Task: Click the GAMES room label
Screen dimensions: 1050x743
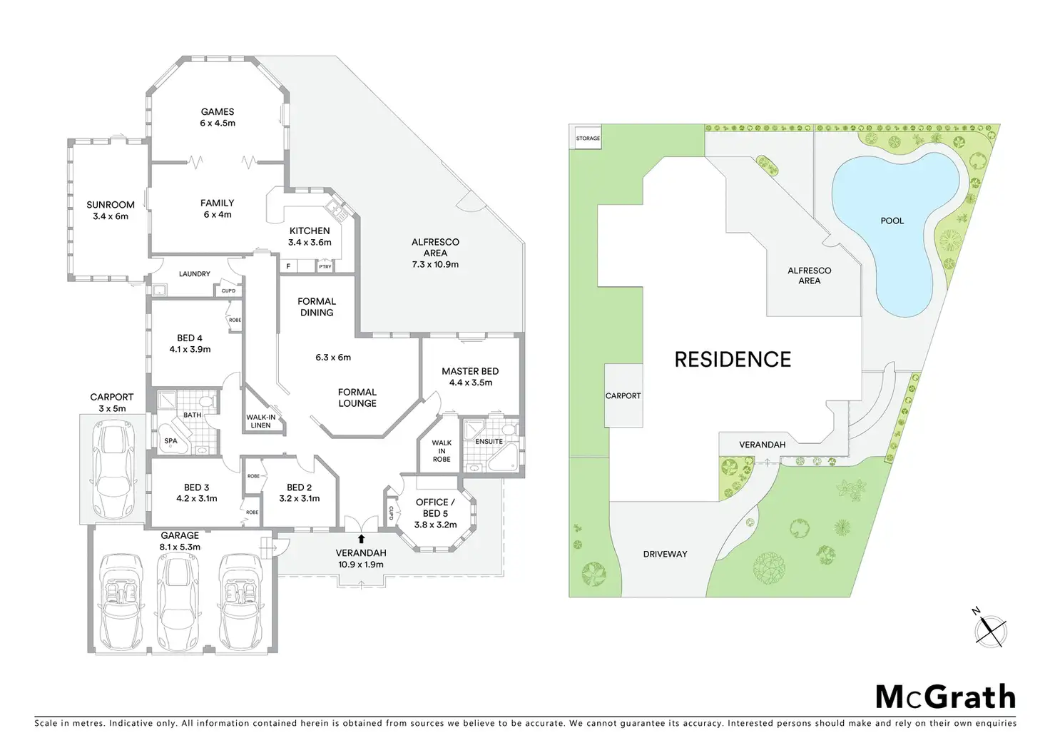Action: pos(218,112)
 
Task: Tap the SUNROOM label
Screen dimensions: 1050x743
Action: pos(111,205)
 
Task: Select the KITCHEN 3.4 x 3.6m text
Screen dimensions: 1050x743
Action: pos(310,236)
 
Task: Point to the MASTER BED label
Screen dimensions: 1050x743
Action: pos(470,371)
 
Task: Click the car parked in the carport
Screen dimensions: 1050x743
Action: pos(114,471)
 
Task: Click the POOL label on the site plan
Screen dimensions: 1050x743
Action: pos(892,221)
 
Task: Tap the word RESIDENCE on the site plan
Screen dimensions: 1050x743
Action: pos(733,360)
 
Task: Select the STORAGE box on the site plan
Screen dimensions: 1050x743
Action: pos(588,138)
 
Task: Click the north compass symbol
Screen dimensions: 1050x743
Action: pos(990,629)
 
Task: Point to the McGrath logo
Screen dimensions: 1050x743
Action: pos(945,697)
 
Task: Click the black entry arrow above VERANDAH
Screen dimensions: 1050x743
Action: pos(362,539)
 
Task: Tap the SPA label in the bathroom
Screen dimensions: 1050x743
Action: pos(170,441)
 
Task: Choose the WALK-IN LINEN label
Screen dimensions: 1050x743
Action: pos(260,421)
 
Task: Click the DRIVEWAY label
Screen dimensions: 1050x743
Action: pos(665,554)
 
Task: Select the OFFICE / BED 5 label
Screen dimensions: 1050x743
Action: pos(435,507)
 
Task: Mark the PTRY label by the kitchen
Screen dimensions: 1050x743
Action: pos(325,267)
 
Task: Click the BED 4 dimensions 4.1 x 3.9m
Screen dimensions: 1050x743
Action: pos(190,350)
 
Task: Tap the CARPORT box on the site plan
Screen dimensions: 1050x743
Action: pos(623,395)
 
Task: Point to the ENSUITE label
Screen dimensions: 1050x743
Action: pos(489,442)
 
